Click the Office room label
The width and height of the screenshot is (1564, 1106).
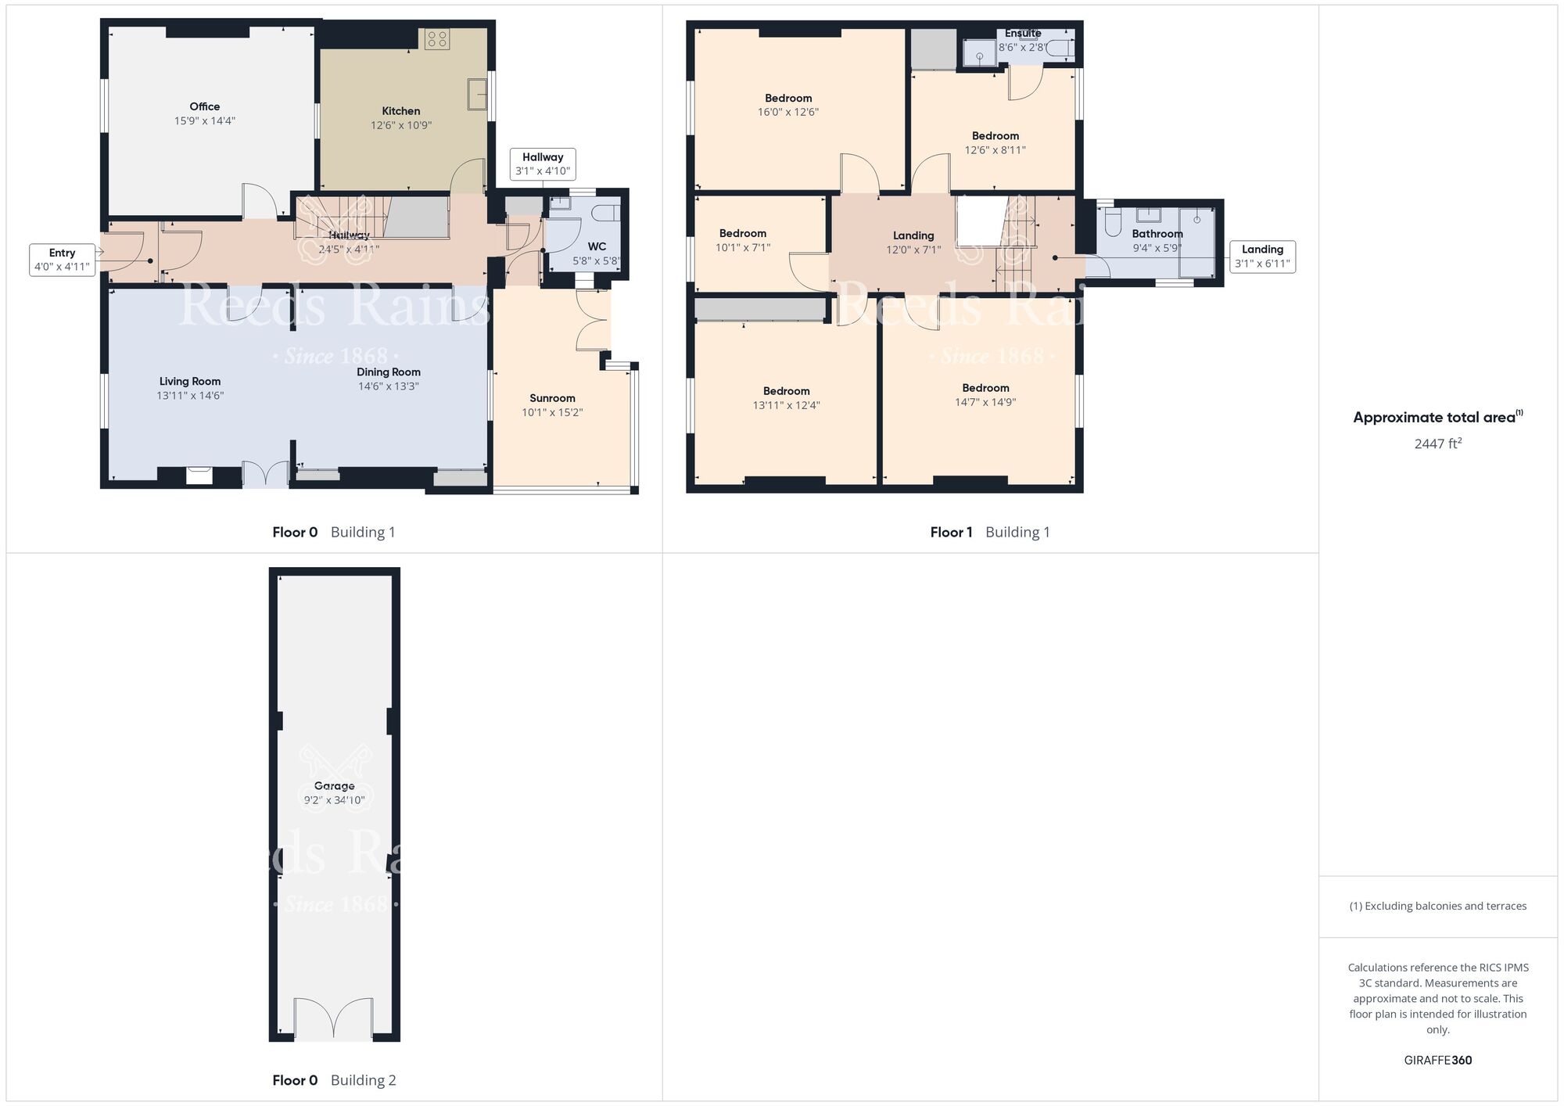tap(204, 106)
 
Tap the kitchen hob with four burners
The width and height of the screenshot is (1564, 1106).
tap(437, 39)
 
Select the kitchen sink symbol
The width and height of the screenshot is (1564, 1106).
tap(477, 94)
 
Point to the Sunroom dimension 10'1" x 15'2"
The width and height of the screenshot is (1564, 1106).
tap(552, 412)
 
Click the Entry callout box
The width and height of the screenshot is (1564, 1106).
tap(62, 260)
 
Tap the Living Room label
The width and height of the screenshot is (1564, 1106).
tap(190, 382)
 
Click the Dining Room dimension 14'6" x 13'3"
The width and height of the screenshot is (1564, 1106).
tap(389, 386)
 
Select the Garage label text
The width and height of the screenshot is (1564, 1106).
tap(334, 786)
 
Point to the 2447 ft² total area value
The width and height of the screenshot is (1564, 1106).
tap(1437, 443)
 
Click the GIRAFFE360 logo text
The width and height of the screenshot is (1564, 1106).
tap(1437, 1061)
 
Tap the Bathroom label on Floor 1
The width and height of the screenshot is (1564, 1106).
tap(1157, 234)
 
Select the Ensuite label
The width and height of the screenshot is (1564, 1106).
tap(1023, 34)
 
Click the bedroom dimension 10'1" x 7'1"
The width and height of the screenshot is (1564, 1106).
tap(742, 248)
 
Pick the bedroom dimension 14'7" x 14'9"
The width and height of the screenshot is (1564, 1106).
tap(985, 402)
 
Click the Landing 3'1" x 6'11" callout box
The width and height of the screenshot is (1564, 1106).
tap(1262, 257)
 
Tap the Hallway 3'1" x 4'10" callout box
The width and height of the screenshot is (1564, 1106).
tap(543, 164)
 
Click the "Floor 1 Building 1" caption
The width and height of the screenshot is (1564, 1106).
tap(989, 532)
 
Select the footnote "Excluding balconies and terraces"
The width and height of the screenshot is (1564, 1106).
tap(1437, 906)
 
